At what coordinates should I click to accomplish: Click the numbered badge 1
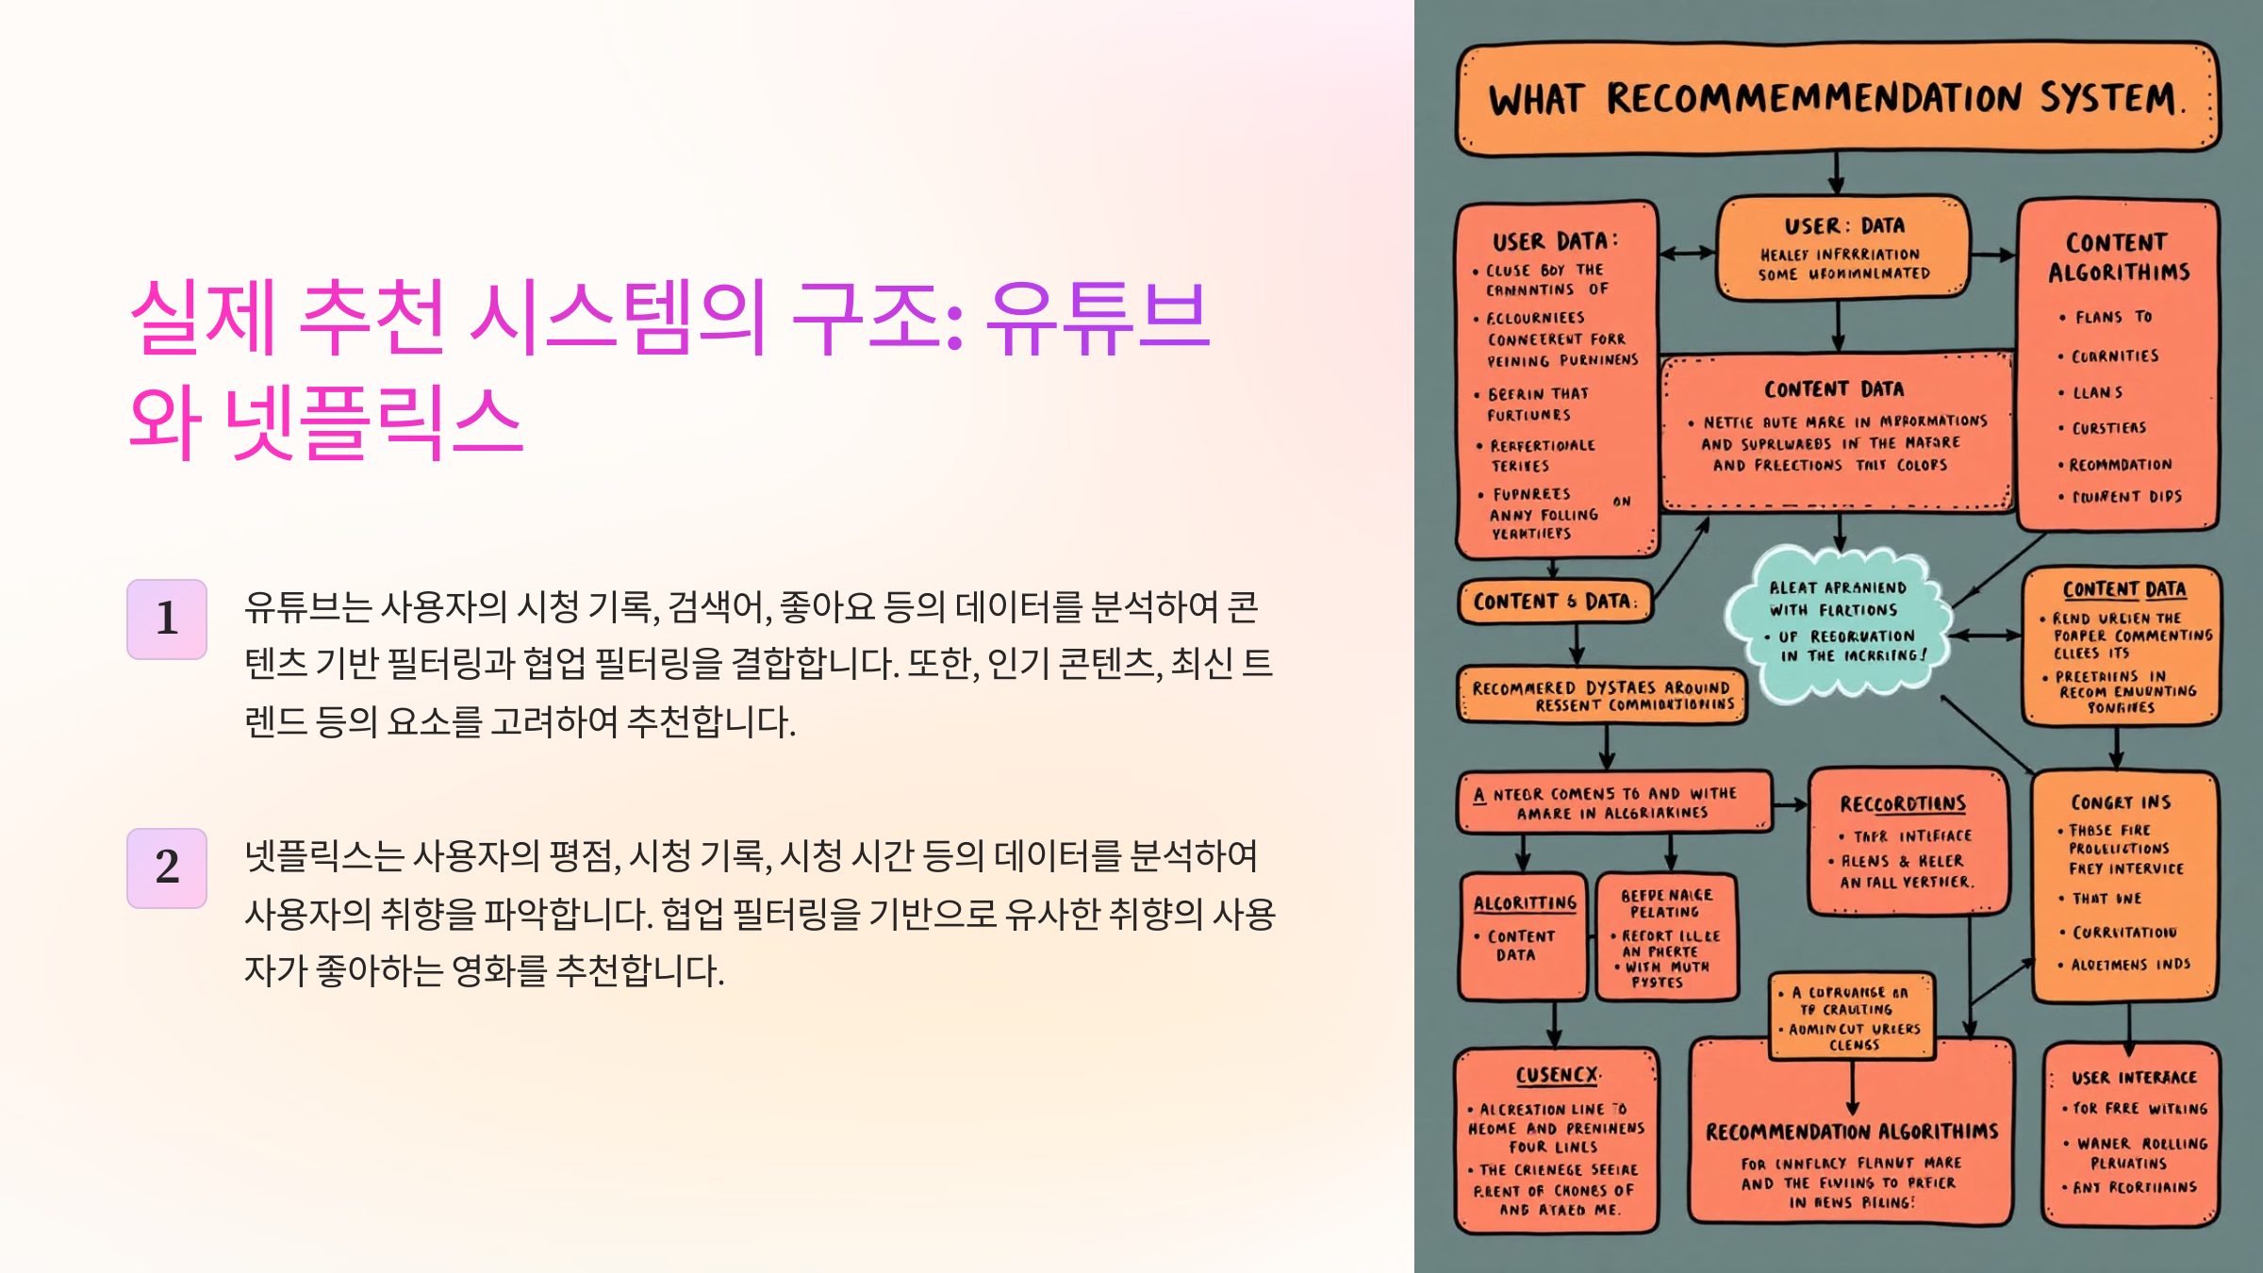167,619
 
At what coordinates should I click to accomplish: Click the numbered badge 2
167,868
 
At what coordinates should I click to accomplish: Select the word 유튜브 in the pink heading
1098,317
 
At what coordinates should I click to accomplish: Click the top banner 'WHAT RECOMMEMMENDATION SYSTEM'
1837,99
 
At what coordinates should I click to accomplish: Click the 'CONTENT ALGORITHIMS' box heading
2118,257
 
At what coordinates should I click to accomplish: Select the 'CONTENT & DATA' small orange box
1554,602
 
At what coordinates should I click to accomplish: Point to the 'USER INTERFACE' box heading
2134,1077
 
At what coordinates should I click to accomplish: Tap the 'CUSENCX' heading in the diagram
1557,1075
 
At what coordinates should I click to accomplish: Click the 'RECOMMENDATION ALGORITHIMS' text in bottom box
1852,1132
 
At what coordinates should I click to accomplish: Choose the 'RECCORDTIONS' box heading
1903,803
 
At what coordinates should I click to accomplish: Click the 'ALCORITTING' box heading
1525,902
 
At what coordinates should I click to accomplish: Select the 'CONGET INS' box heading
2121,802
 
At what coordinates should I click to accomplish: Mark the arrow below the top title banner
1837,174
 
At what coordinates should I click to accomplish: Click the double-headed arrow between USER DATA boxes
1687,253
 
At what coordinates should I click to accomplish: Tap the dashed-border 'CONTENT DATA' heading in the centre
1834,389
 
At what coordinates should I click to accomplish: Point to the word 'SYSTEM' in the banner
2109,99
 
